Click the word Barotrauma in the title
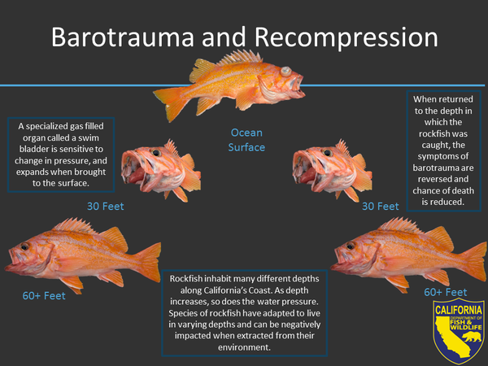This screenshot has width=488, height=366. tap(123, 37)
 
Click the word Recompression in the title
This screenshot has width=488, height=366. tap(346, 38)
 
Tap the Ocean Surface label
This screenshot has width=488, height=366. tap(246, 140)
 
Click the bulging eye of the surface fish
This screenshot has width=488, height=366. tap(285, 72)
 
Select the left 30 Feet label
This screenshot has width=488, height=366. tap(106, 207)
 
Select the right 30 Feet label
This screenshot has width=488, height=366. tap(381, 207)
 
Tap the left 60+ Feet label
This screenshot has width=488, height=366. tap(44, 296)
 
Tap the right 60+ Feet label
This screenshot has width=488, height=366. tap(446, 292)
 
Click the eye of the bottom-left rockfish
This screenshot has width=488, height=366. tap(24, 246)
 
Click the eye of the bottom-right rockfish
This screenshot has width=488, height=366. tap(351, 246)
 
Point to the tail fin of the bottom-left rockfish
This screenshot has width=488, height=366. tap(148, 262)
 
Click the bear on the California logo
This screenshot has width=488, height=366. tap(472, 337)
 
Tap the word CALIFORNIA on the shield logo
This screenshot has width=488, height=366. tap(459, 310)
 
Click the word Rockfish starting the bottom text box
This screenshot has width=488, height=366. tap(185, 278)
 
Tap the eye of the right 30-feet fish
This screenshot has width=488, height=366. tap(327, 153)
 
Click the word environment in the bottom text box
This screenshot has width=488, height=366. tap(244, 347)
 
